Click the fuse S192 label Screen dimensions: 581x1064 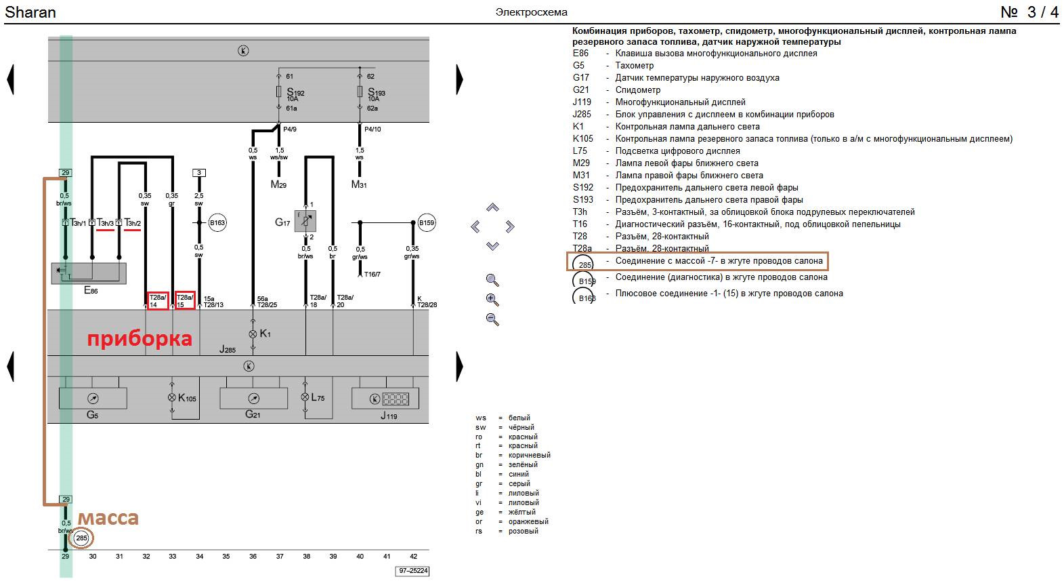[x=295, y=93]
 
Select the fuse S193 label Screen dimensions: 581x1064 [x=376, y=93]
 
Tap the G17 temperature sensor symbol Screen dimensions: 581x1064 [x=305, y=221]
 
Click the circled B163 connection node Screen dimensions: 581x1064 [x=217, y=222]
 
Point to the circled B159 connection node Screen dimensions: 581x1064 [x=427, y=222]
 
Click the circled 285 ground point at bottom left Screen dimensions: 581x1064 [x=82, y=538]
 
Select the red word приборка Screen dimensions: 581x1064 [x=140, y=338]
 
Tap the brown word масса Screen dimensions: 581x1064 [x=108, y=518]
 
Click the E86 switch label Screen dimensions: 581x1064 [x=91, y=290]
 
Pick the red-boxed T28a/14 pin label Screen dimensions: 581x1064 [x=158, y=301]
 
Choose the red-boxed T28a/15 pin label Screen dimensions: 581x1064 [x=185, y=301]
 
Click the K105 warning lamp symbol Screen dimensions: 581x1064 [x=172, y=398]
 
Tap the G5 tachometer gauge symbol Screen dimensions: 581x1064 [x=93, y=399]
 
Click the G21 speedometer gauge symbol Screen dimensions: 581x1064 [x=253, y=399]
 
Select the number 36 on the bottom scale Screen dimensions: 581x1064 [x=253, y=557]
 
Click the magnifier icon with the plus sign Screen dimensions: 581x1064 [x=492, y=300]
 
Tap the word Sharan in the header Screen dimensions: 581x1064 [x=30, y=12]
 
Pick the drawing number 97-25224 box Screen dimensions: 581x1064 [x=412, y=571]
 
